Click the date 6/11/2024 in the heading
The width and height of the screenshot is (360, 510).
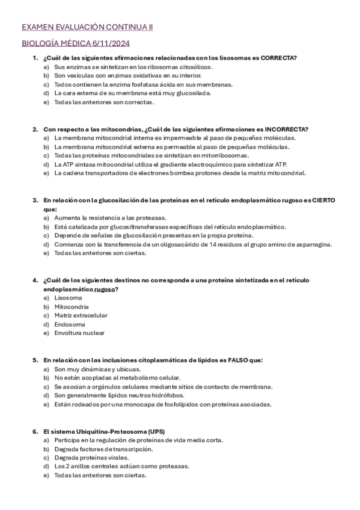[112, 43]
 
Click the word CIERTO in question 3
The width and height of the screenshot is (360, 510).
[323, 200]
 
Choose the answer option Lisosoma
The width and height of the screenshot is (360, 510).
[68, 298]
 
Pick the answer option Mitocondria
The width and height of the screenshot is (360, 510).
[71, 306]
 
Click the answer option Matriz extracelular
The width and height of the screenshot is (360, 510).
[81, 315]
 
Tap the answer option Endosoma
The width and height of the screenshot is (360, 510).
[69, 324]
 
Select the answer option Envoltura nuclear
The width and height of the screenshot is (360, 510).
[79, 333]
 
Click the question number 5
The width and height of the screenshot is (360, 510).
[35, 360]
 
